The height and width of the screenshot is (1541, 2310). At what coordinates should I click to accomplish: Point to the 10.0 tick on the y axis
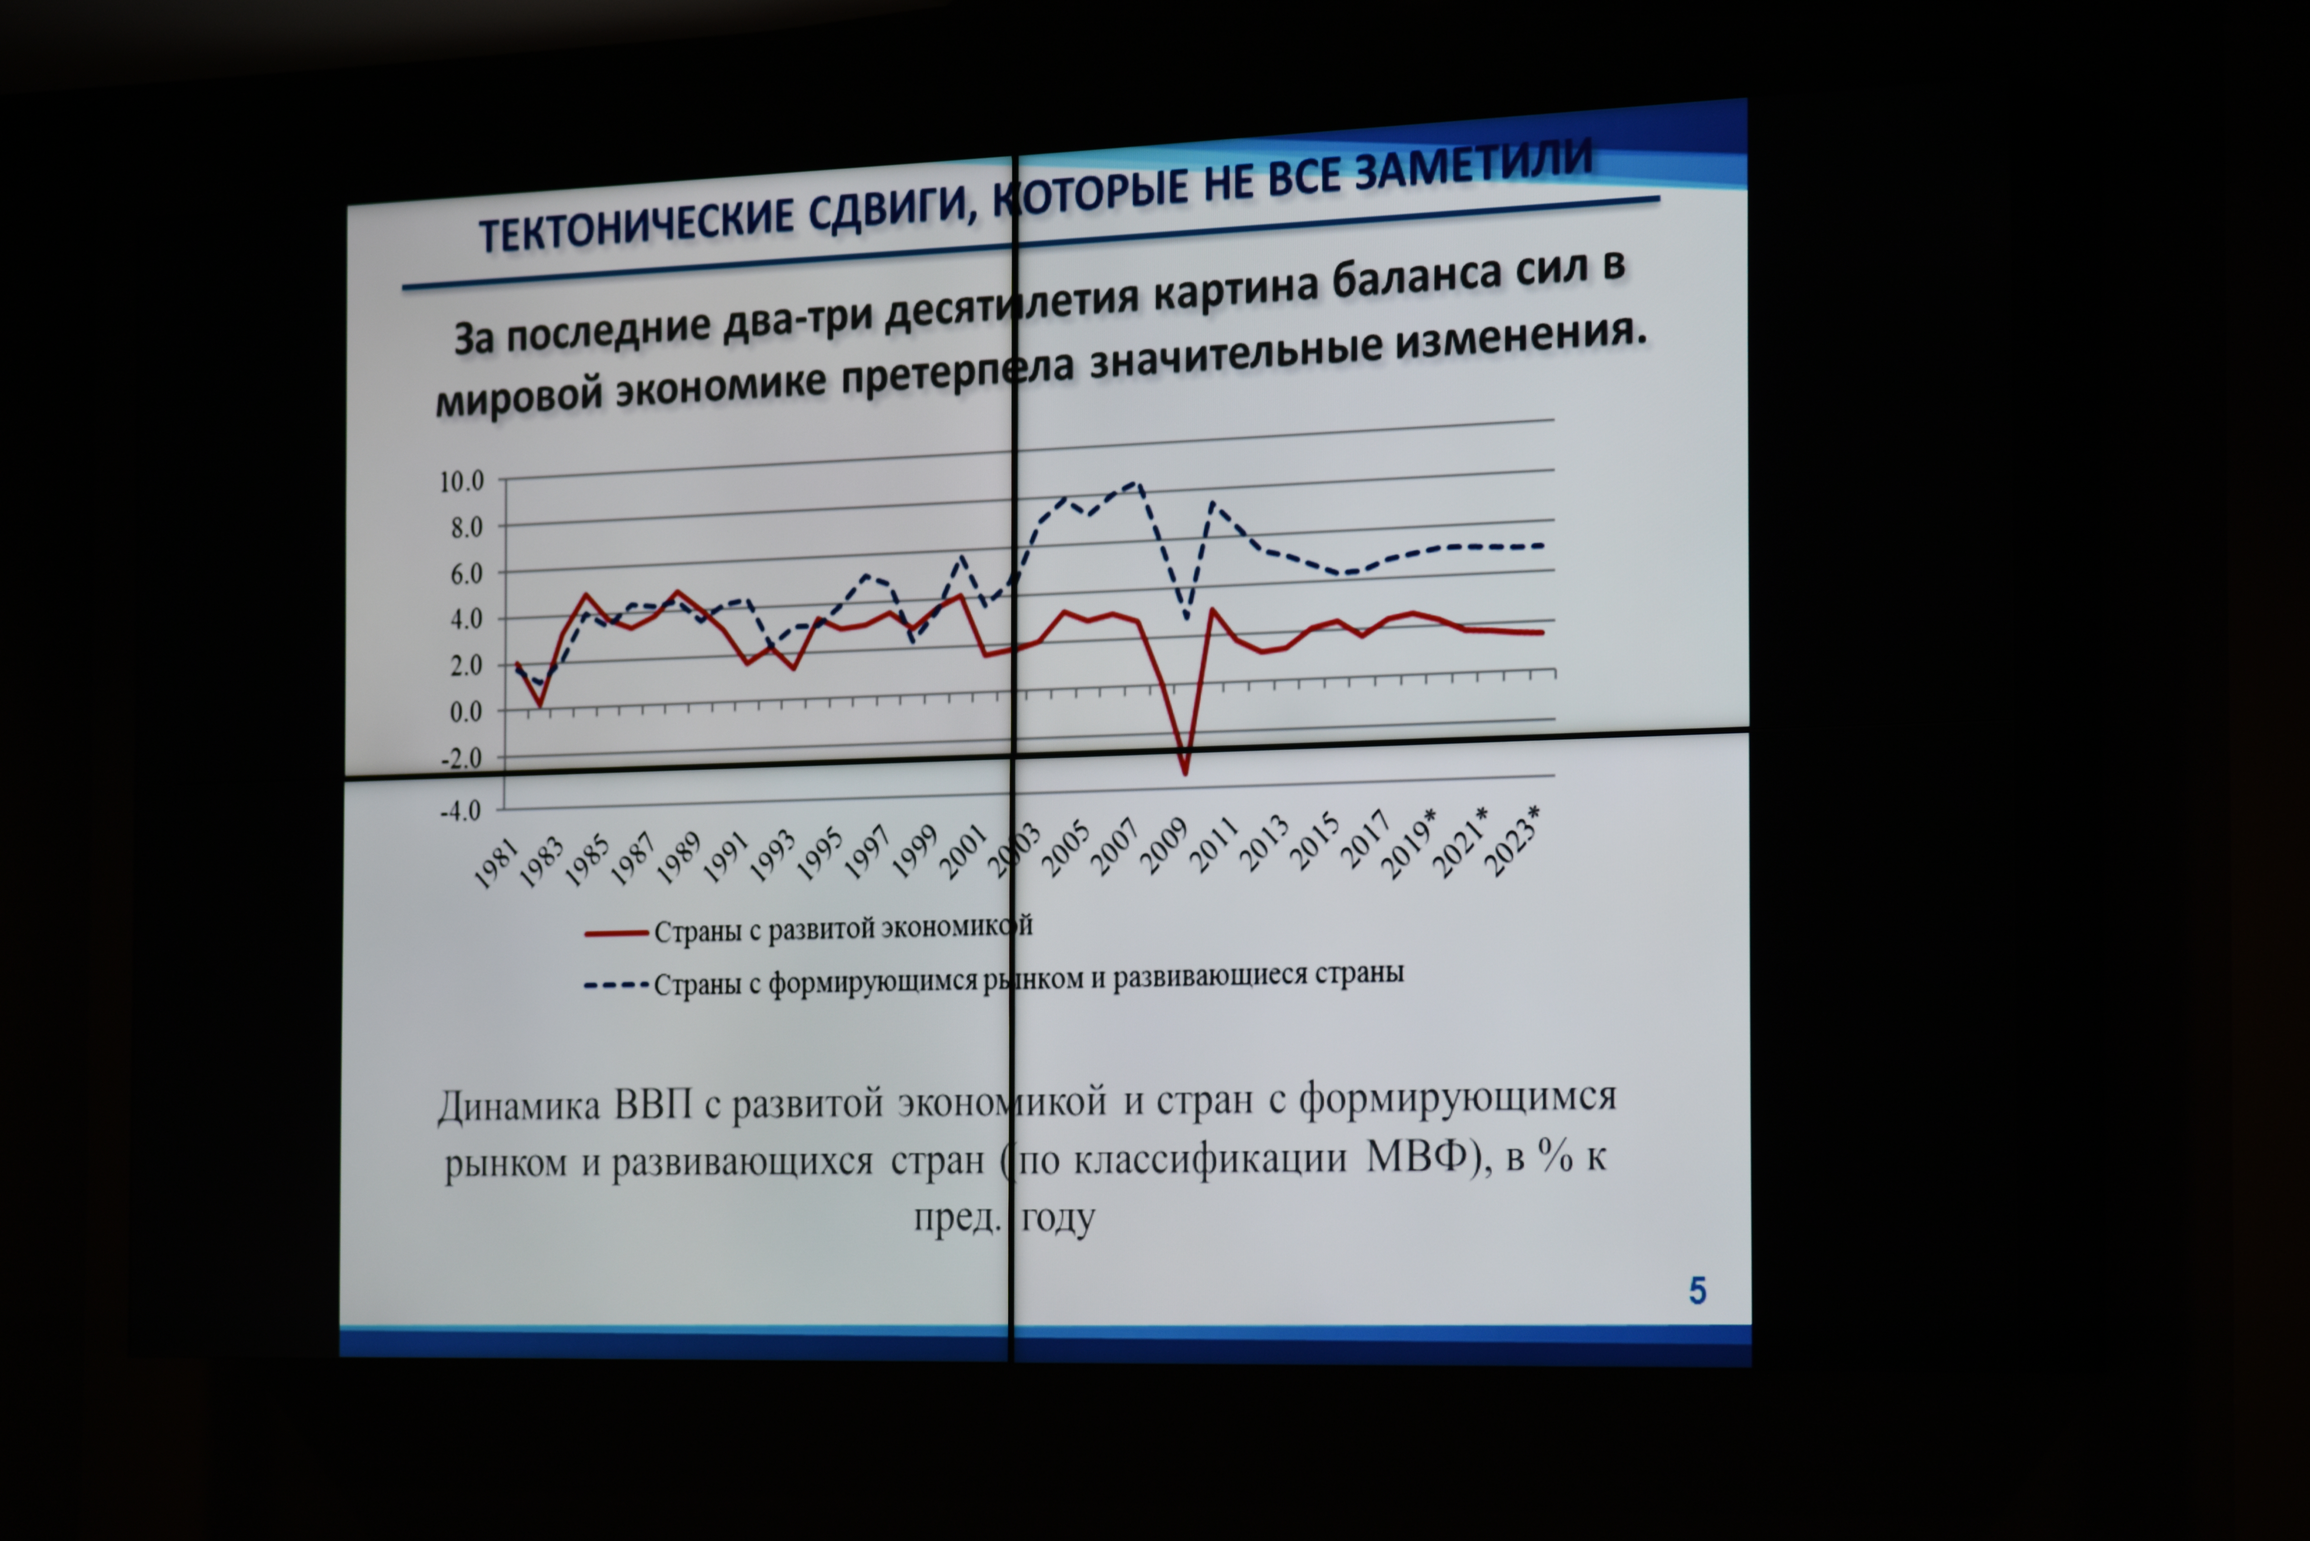(462, 482)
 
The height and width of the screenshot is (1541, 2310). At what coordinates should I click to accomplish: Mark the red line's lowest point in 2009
(1185, 773)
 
